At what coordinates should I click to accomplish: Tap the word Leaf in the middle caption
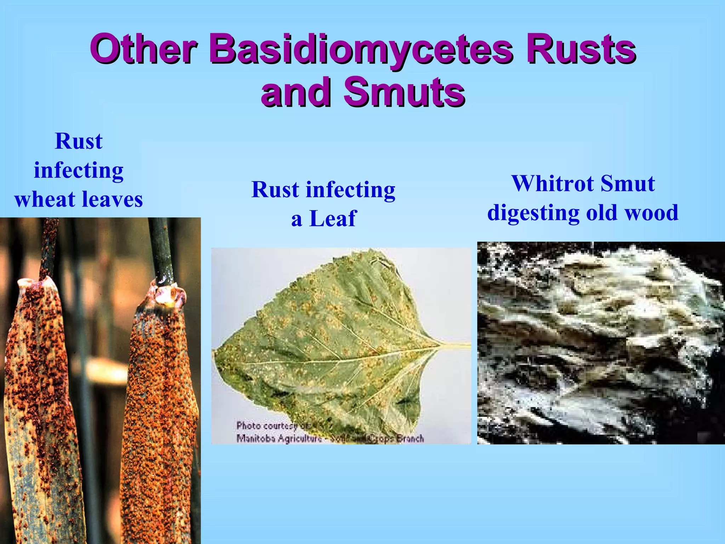(x=333, y=219)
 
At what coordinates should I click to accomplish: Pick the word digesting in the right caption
(x=533, y=213)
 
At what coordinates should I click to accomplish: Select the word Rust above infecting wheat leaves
(x=79, y=141)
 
